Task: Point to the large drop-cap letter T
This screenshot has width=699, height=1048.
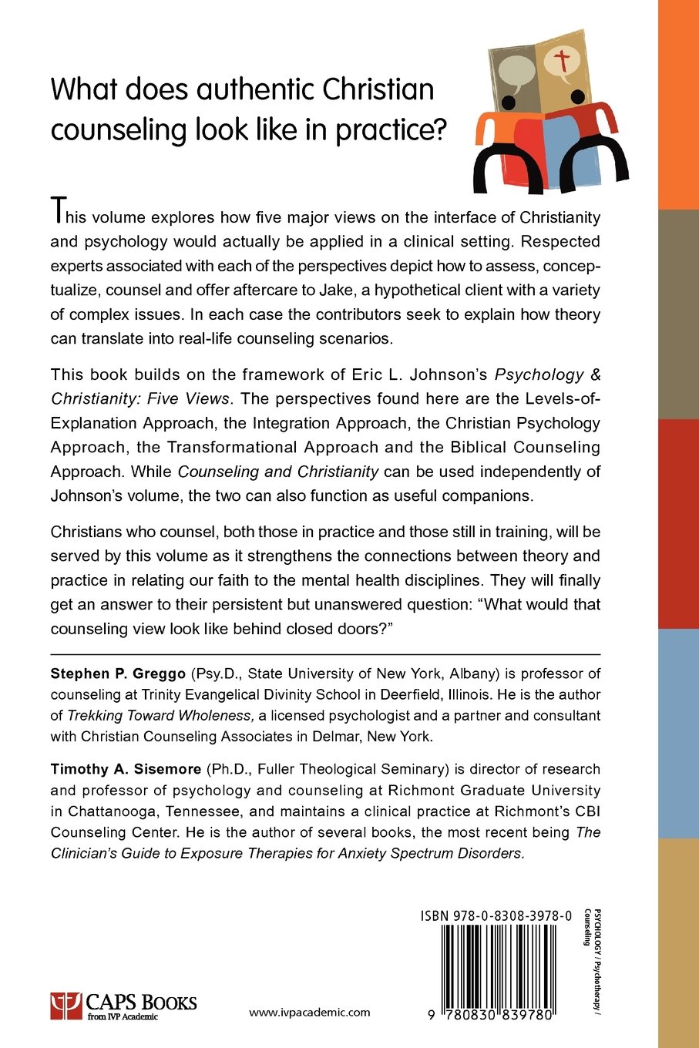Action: coord(57,210)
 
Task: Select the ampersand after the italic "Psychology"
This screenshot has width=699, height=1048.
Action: coord(595,375)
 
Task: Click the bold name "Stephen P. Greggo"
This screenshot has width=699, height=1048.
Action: coord(118,673)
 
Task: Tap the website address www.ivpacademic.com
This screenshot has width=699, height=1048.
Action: coord(310,1013)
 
